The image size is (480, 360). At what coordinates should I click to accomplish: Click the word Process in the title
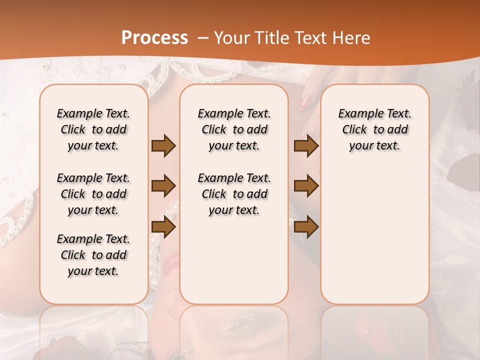[154, 38]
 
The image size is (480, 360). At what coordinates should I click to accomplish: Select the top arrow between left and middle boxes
[163, 146]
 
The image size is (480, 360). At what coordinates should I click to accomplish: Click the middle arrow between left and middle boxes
[163, 186]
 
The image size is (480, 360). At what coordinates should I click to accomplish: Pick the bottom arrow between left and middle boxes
[163, 227]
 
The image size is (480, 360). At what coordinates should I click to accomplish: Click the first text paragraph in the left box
[93, 129]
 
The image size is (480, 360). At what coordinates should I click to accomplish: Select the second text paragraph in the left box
[93, 194]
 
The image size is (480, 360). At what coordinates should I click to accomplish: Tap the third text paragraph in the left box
[93, 255]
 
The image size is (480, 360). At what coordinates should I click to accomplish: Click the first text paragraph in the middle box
[234, 129]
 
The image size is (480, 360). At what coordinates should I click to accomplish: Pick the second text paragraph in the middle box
[234, 194]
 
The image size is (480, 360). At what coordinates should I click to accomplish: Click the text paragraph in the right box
[374, 129]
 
